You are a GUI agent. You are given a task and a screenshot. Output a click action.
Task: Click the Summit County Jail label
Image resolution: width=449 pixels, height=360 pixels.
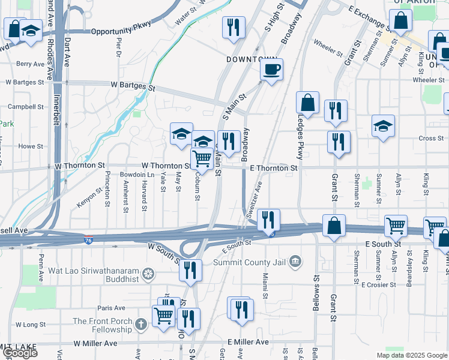point(253,261)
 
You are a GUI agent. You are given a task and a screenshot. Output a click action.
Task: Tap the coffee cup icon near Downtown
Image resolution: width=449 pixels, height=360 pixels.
point(271,70)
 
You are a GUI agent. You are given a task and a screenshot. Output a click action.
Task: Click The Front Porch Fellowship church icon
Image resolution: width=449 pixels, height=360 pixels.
point(140,325)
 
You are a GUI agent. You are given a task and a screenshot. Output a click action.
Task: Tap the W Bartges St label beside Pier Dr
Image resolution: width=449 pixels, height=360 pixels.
point(133,86)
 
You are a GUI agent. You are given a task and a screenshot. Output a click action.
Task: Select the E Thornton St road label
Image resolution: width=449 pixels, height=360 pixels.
point(274,169)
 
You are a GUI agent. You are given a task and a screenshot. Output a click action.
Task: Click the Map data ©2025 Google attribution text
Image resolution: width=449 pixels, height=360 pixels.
point(412,355)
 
